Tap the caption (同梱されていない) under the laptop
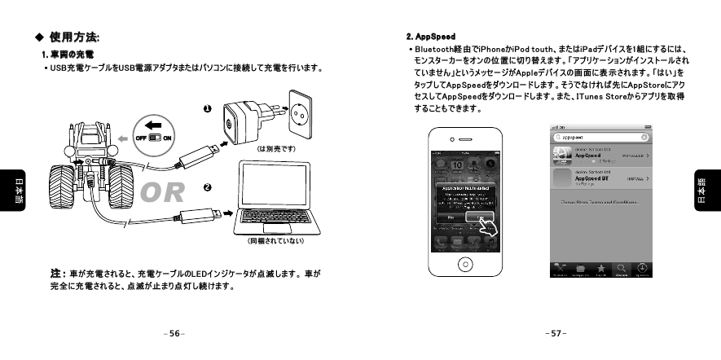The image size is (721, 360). coord(275,241)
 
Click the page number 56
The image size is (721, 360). coord(173,334)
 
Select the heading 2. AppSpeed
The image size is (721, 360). coord(430,37)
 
